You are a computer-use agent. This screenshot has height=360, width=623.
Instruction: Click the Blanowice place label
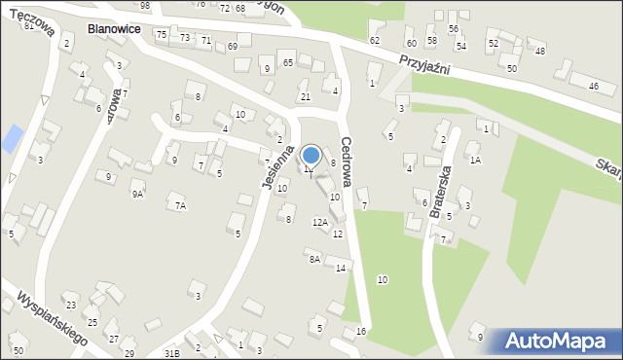114,30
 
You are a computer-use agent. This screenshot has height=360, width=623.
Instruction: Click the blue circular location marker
311,154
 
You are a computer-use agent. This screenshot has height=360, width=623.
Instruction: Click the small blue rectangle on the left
11,138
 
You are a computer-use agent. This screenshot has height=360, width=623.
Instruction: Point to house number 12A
320,223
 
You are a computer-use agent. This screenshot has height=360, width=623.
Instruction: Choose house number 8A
313,259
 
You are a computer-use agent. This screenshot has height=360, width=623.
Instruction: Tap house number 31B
172,352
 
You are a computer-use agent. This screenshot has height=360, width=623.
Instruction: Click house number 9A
138,194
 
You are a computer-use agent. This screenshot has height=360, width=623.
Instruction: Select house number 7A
179,205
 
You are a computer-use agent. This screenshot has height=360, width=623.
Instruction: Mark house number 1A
475,160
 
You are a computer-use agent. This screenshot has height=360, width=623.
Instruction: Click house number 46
594,87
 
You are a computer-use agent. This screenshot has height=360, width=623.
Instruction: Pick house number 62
375,40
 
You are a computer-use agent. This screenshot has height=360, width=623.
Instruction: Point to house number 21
305,96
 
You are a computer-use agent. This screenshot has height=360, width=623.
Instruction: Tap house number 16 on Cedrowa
361,332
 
